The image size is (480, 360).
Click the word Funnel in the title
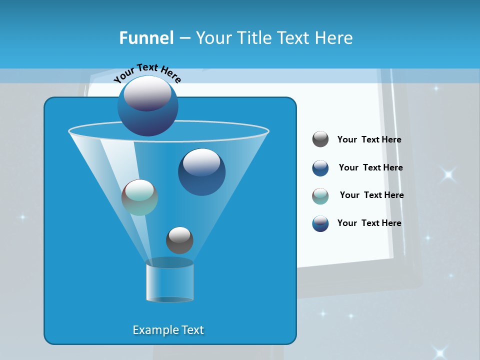[x=146, y=38]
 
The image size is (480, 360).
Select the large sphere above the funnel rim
[x=147, y=105]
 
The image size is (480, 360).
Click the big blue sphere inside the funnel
[x=201, y=172]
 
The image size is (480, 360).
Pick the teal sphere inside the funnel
[x=139, y=197]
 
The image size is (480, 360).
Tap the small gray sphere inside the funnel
[x=179, y=240]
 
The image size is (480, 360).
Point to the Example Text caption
[x=168, y=330]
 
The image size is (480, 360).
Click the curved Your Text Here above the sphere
[x=147, y=72]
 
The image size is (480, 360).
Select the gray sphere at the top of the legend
[x=320, y=139]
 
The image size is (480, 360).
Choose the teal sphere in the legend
[x=320, y=196]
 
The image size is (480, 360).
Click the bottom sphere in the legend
[x=320, y=223]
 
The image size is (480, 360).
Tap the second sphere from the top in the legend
[x=320, y=168]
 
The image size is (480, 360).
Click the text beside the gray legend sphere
[x=369, y=140]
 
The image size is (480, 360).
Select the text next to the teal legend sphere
[x=371, y=195]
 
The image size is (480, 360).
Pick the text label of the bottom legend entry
[x=369, y=223]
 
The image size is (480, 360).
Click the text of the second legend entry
[x=370, y=168]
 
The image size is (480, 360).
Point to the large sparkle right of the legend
[x=448, y=174]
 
